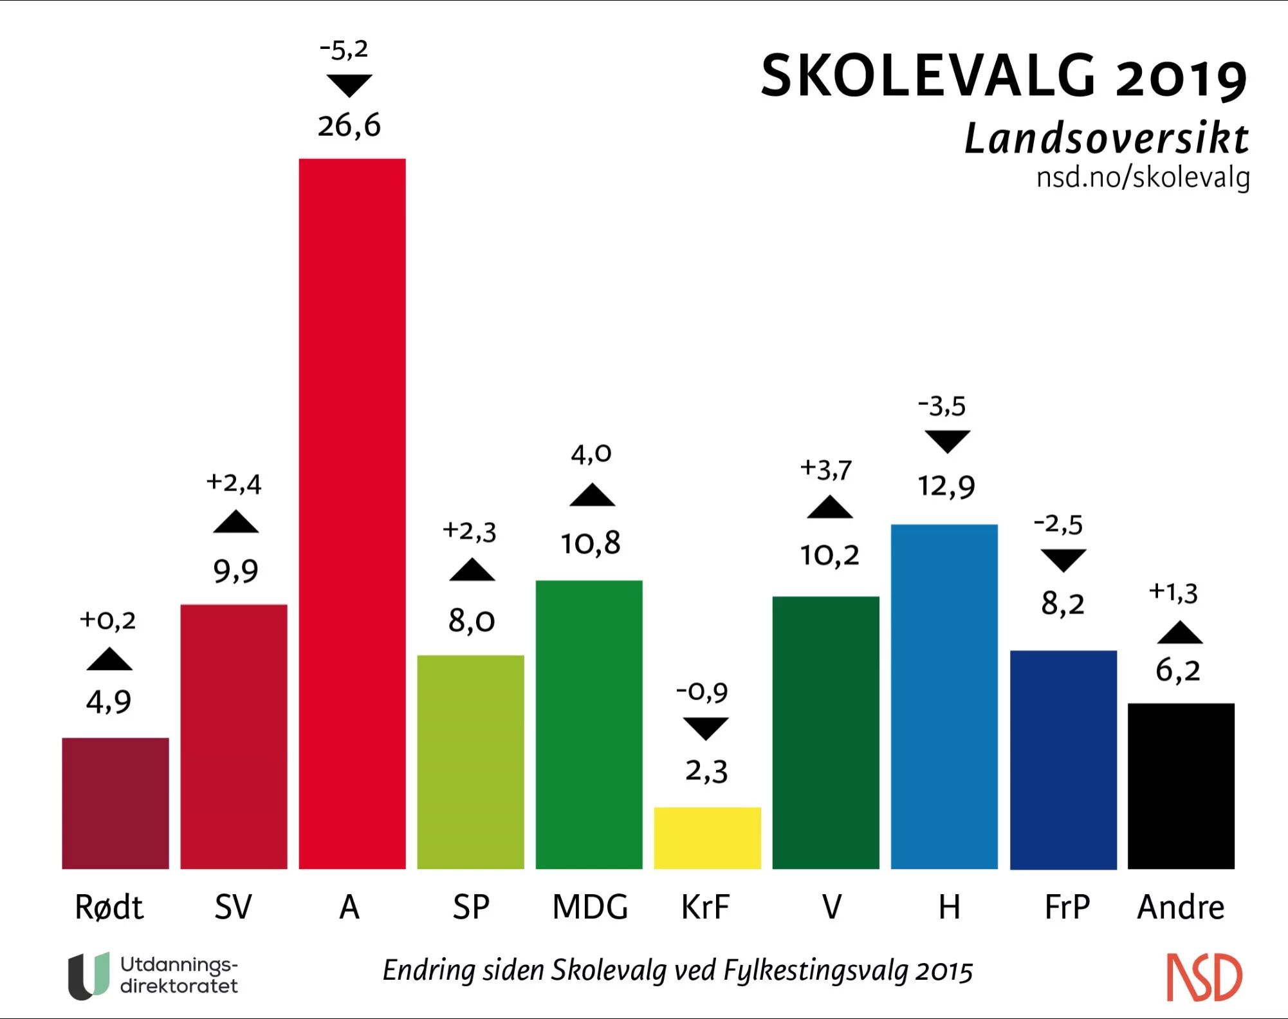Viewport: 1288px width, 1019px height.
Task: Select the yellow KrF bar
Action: [x=707, y=837]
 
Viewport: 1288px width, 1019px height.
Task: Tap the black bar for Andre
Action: [x=1181, y=786]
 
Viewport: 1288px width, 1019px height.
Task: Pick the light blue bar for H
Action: [x=944, y=696]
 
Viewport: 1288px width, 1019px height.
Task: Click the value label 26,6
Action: [x=349, y=126]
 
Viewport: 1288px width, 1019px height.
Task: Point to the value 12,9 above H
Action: [x=946, y=486]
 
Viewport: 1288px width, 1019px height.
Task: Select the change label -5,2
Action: [x=344, y=50]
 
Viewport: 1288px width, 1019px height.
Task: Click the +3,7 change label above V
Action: [x=825, y=469]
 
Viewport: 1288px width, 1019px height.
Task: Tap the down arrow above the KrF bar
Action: [x=705, y=728]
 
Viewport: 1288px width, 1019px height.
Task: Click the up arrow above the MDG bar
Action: [x=592, y=495]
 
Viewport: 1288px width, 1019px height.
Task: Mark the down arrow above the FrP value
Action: [x=1063, y=560]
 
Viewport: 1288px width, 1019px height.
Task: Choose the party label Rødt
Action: [x=109, y=907]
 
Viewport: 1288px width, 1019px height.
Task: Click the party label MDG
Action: [x=590, y=907]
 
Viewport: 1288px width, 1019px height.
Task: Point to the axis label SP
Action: [x=470, y=907]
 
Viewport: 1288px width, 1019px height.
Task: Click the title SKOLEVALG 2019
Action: [x=1003, y=77]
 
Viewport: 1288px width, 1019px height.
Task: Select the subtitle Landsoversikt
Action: [x=1106, y=138]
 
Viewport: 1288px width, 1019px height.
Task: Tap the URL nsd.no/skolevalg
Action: [x=1143, y=177]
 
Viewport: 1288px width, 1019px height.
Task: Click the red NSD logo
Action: [x=1204, y=977]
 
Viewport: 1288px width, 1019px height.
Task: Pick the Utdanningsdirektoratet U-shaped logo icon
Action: [x=89, y=975]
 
